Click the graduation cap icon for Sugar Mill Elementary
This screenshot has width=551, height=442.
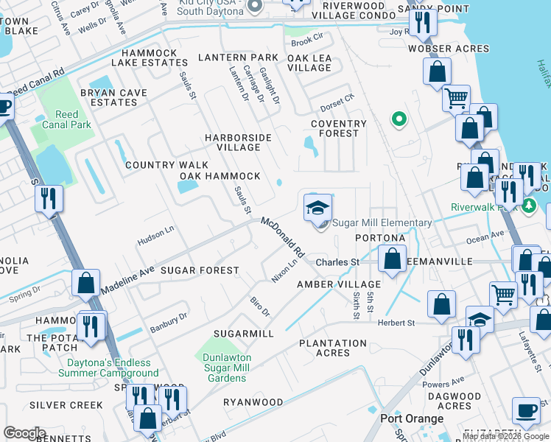tap(318, 207)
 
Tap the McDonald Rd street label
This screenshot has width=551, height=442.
tap(282, 236)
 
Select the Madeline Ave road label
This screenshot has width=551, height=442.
tap(128, 281)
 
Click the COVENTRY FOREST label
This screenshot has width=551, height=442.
tap(339, 128)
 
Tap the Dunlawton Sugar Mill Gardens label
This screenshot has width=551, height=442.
tap(225, 367)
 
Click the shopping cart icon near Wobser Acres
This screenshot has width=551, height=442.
tap(457, 97)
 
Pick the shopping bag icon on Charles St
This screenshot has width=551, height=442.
tap(393, 259)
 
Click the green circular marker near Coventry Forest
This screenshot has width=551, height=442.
tap(399, 118)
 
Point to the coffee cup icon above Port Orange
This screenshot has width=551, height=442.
tap(526, 410)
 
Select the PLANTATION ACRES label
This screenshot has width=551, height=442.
tap(333, 348)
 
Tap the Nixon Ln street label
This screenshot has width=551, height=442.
tap(284, 271)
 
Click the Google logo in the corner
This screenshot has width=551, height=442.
tap(24, 433)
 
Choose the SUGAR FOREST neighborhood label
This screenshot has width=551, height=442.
tap(199, 270)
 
